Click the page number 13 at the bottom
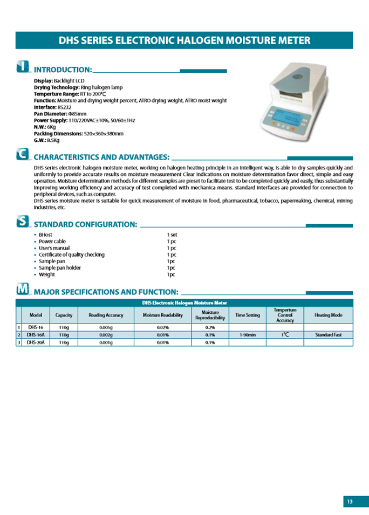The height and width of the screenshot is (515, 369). [x=350, y=502]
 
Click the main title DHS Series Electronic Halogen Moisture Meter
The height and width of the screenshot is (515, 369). [x=184, y=40]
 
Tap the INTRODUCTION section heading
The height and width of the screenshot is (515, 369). [x=63, y=70]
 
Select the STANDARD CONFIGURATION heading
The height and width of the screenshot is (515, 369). [x=85, y=224]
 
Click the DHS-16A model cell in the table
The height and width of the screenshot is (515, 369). [x=36, y=335]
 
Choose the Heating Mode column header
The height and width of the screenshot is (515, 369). [x=328, y=315]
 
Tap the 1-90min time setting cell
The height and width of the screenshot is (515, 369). [x=248, y=335]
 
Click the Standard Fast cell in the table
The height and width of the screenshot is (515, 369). [x=328, y=335]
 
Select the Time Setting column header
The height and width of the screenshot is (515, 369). [x=248, y=315]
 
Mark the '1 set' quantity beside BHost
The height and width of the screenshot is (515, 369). [x=172, y=235]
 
